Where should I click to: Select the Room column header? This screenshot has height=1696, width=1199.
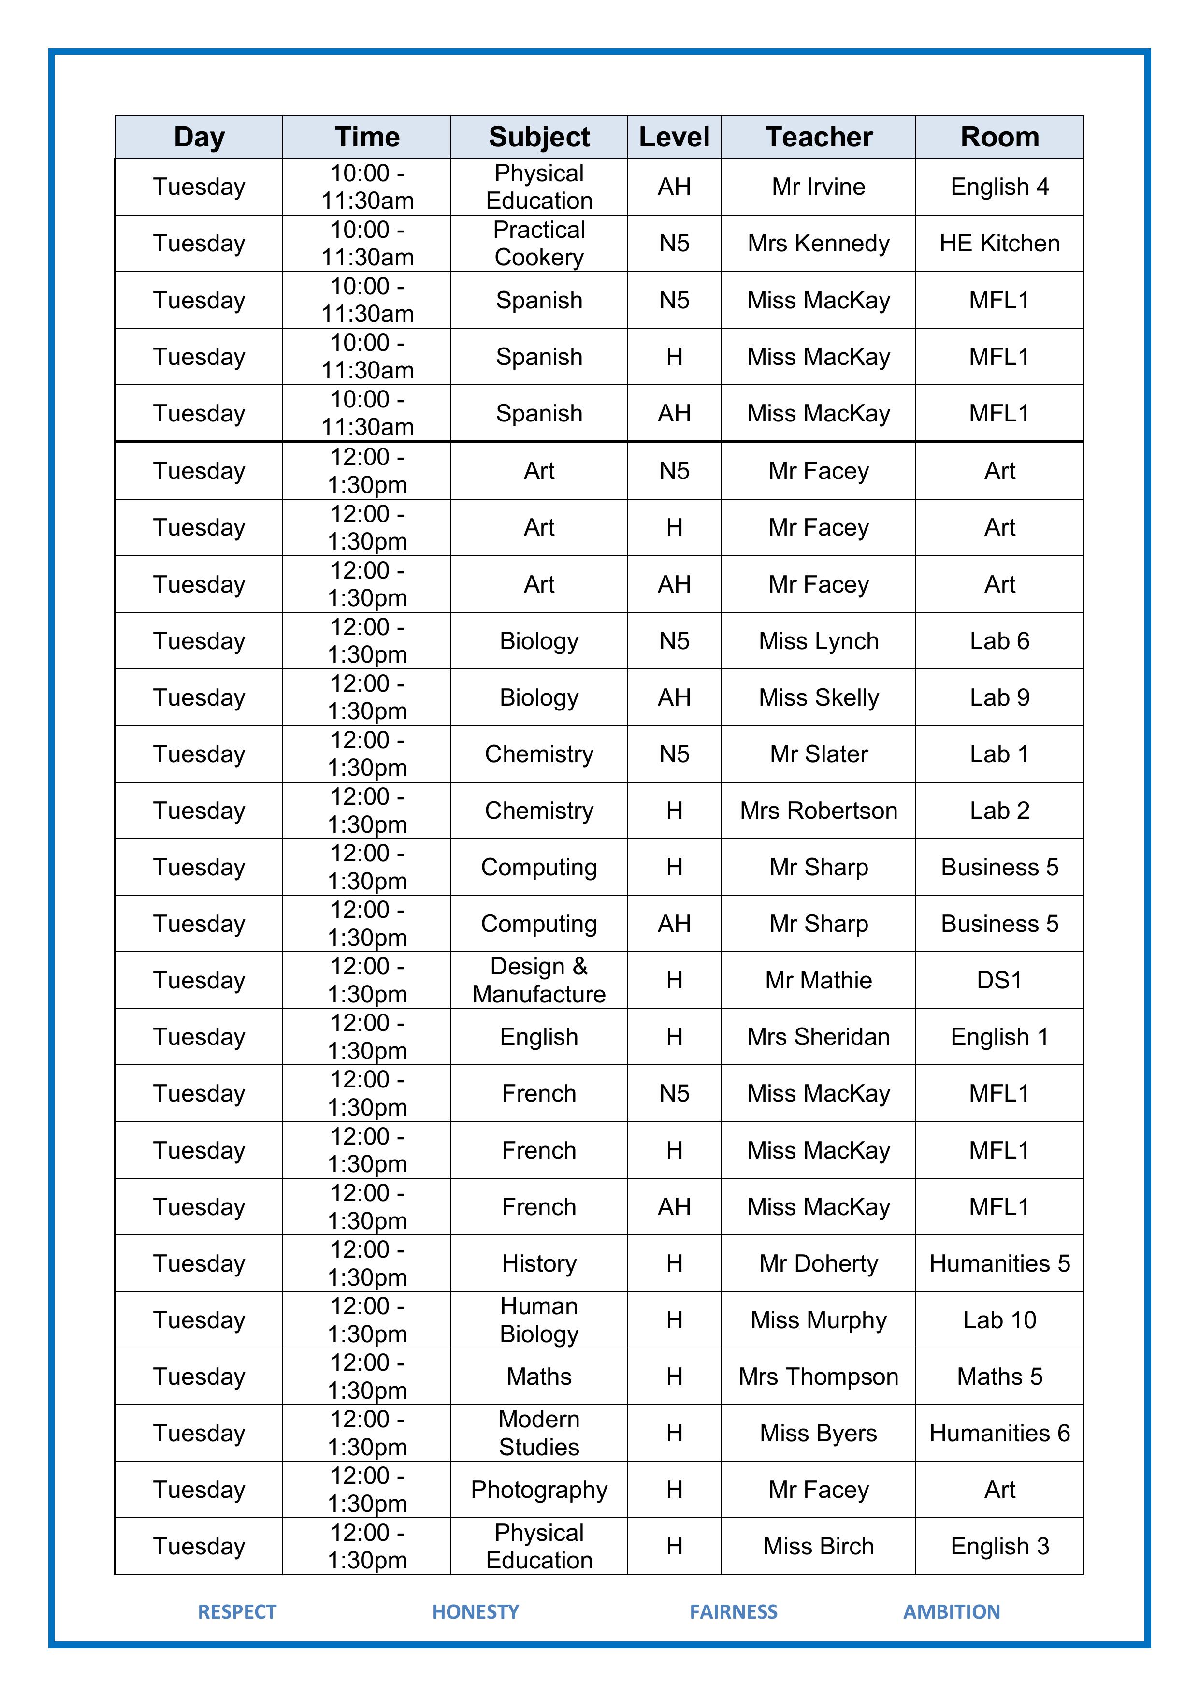pos(999,137)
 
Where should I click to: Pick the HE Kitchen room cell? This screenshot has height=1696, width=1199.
pos(999,243)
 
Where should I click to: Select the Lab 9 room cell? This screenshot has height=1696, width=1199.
pos(999,697)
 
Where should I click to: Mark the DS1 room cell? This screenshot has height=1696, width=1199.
pos(999,980)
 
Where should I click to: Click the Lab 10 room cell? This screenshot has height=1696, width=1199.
pos(999,1319)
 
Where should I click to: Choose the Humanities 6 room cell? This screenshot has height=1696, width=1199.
pos(999,1433)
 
